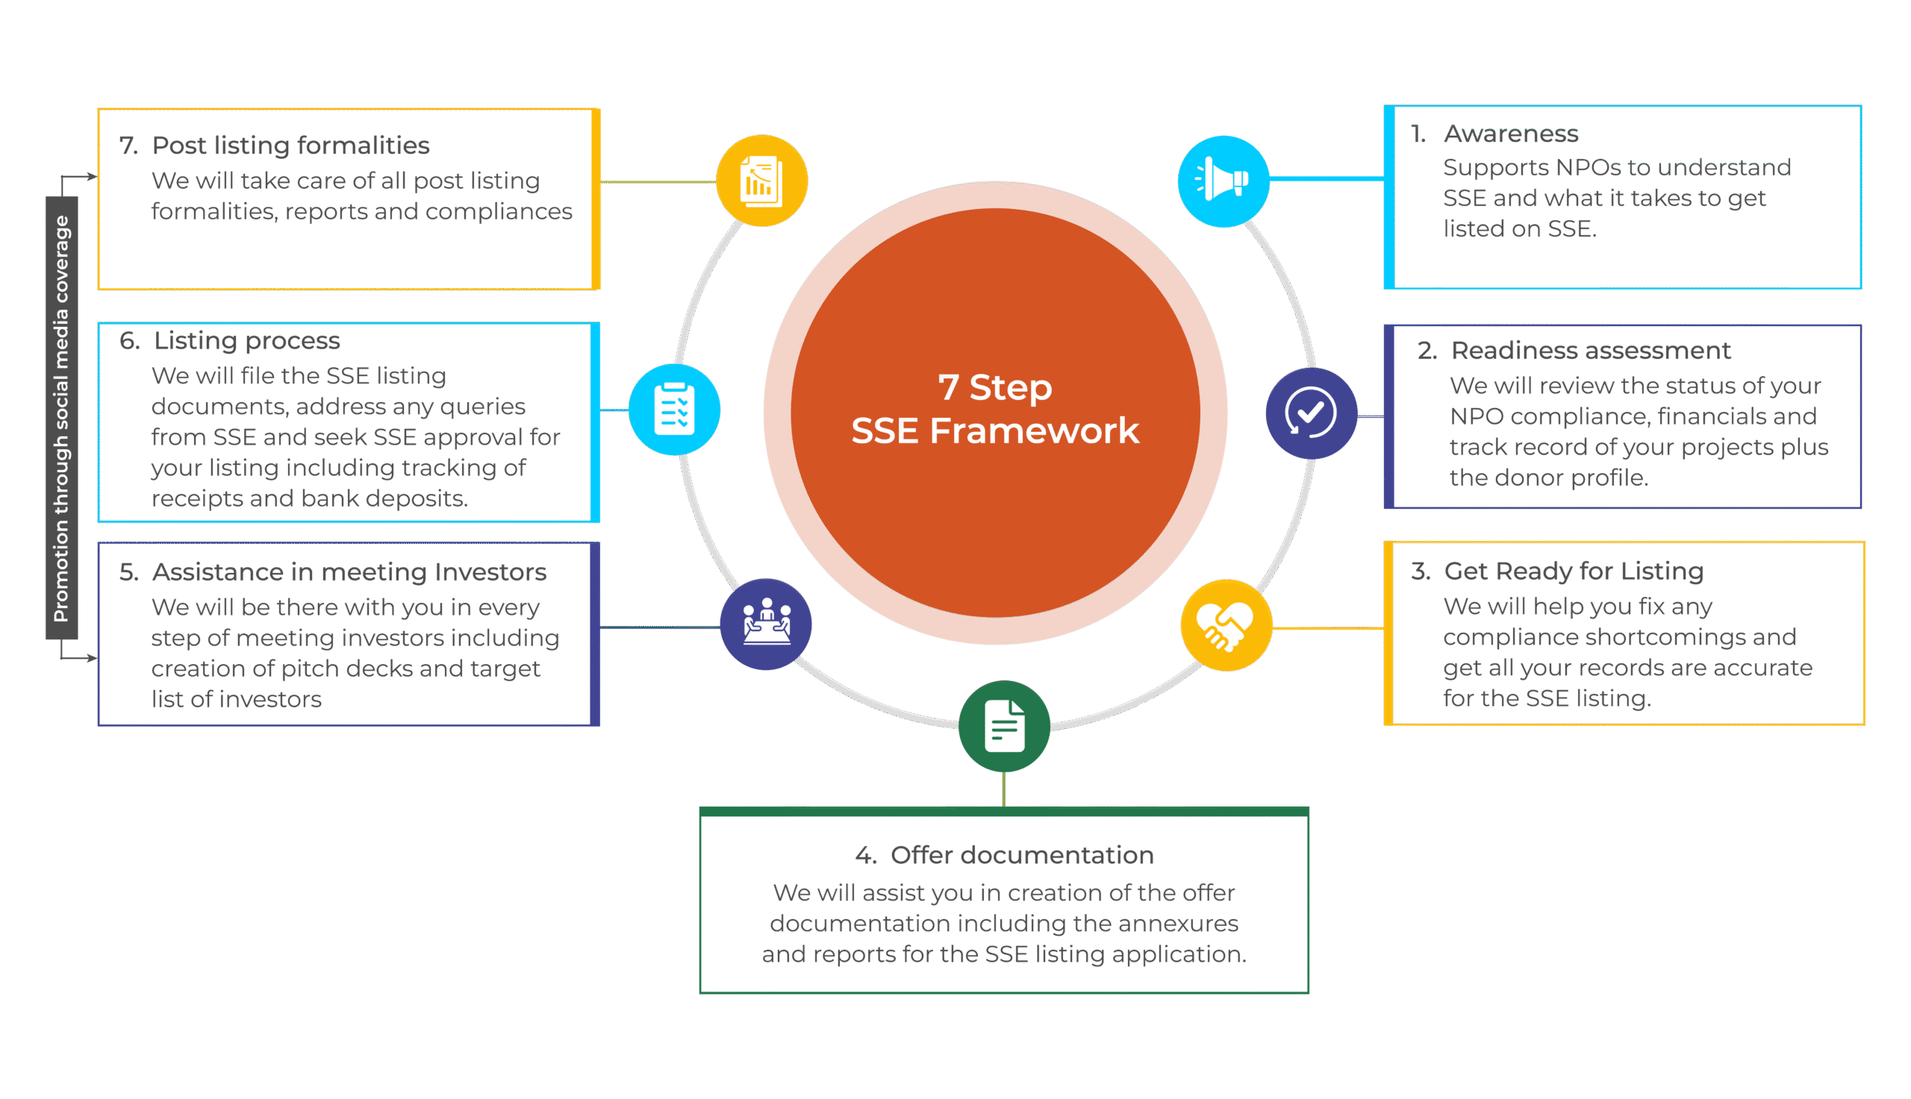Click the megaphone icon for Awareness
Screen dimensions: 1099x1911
1223,181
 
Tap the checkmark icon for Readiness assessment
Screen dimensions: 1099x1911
1311,413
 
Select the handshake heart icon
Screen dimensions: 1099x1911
1226,625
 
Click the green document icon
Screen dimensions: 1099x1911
1004,726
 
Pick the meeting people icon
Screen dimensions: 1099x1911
766,624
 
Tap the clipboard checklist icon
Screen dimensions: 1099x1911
674,410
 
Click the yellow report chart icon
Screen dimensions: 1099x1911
761,181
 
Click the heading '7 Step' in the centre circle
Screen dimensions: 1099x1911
995,388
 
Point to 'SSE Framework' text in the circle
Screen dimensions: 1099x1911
995,431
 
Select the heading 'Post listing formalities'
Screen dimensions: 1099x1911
290,145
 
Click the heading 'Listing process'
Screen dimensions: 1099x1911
246,341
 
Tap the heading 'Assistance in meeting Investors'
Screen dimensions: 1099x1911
349,572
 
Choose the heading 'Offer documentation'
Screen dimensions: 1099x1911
1022,855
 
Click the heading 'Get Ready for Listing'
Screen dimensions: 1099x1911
1574,572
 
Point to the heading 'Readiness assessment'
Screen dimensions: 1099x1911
1591,351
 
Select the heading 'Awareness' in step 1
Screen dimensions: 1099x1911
1511,134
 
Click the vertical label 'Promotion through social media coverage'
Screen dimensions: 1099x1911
61,418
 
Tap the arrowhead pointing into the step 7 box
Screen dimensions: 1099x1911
92,178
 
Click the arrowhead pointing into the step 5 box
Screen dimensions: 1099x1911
92,658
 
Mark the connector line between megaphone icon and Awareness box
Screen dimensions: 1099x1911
1327,179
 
